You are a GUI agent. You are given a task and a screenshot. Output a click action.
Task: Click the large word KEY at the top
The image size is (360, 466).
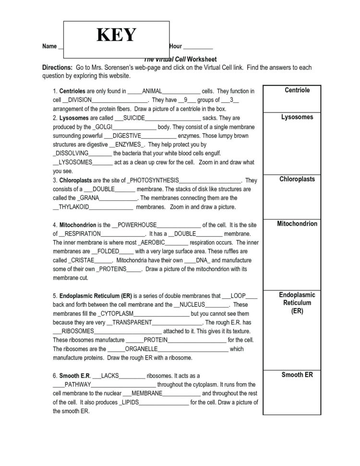point(117,35)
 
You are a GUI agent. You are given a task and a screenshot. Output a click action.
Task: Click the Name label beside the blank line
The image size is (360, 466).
point(49,47)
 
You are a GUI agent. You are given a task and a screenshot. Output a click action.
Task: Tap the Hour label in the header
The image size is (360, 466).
point(176,47)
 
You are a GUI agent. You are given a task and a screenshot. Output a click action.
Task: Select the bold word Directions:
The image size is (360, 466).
point(57,68)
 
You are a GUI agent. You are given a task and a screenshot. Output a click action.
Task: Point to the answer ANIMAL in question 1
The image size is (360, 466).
point(153,91)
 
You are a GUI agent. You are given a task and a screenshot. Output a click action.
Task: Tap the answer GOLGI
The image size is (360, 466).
point(104,127)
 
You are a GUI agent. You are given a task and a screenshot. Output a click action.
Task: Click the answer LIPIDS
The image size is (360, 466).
point(129,402)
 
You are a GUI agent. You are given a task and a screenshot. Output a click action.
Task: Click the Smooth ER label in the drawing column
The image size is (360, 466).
point(297,375)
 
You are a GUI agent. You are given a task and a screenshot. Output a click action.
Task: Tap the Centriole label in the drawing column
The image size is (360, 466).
point(297,90)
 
